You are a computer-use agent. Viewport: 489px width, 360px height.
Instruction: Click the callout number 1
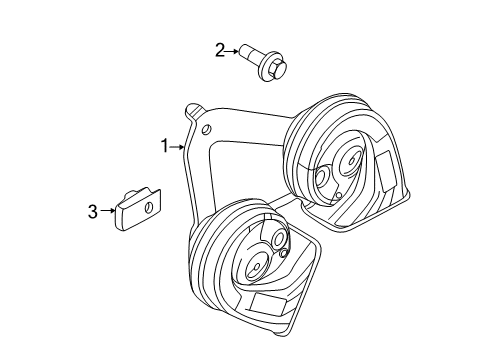(165, 146)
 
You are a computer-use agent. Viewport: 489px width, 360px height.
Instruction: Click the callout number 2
(220, 49)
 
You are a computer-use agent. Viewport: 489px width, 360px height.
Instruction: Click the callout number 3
(92, 211)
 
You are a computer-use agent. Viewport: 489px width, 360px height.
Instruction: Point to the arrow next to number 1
(179, 147)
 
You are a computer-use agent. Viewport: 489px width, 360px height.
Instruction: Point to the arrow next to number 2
(234, 49)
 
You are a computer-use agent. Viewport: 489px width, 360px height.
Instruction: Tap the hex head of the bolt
(277, 66)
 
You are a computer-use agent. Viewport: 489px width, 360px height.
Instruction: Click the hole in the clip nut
(145, 207)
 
